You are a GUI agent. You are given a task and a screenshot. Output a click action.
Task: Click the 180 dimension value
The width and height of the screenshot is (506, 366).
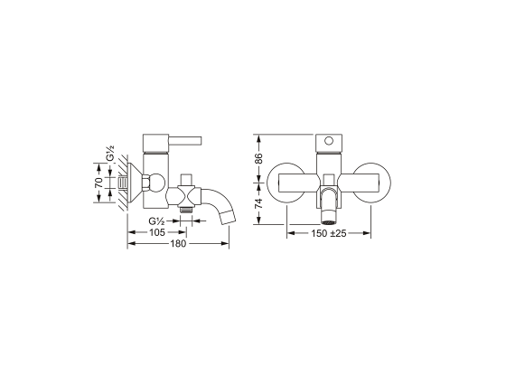[x=179, y=243]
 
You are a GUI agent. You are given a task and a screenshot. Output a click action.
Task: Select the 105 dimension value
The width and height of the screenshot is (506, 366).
[x=157, y=232]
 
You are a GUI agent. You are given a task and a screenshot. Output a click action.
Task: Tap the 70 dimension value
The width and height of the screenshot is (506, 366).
[x=99, y=183]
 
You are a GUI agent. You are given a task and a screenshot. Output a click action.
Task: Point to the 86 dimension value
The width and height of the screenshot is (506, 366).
[x=258, y=158]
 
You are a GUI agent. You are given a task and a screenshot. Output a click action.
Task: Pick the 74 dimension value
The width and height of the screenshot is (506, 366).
[x=258, y=203]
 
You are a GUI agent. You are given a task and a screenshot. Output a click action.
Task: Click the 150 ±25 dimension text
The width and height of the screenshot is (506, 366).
[x=329, y=233]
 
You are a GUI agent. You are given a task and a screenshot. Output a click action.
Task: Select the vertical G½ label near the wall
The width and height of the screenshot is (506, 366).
[x=110, y=154]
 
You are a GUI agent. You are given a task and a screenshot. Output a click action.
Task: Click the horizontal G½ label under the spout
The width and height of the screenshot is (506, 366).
[x=157, y=221]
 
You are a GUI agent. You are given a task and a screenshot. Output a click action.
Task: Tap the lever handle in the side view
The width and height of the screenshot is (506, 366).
[x=185, y=141]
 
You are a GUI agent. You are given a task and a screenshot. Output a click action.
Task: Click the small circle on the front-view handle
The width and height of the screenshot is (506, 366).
[x=329, y=141]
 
